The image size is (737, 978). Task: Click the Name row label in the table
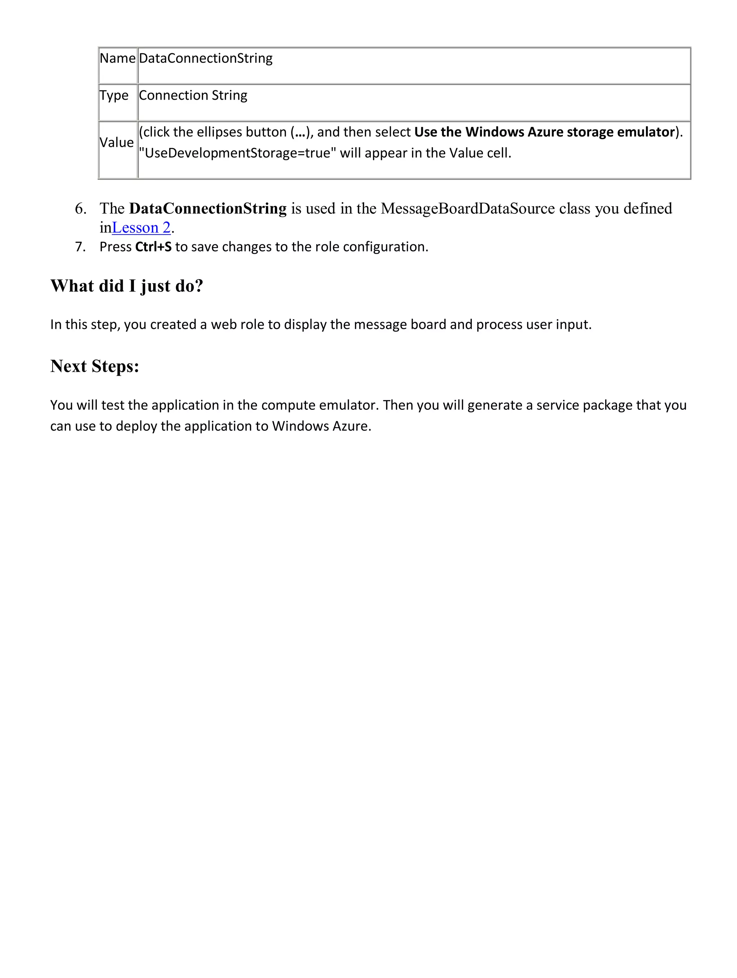117,58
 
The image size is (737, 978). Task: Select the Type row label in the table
114,95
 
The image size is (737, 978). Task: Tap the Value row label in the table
116,143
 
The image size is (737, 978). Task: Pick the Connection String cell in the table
193,95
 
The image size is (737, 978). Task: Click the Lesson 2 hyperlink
141,228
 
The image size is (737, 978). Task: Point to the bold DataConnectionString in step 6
208,208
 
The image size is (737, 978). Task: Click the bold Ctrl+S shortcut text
153,247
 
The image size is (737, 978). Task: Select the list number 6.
81,208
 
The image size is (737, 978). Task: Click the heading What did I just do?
127,286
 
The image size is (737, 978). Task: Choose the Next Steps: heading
95,366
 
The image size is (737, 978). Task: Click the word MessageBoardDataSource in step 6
467,208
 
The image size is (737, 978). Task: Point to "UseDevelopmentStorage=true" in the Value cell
238,153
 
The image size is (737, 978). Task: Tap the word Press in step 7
116,247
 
